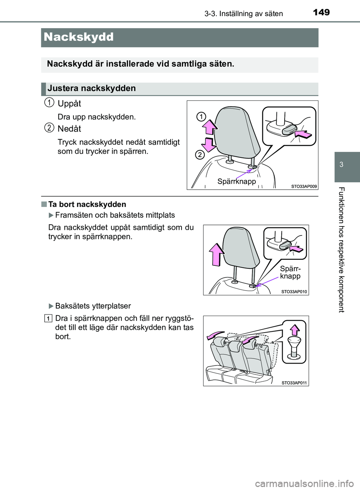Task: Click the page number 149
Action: (x=321, y=12)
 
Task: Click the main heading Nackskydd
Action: (x=78, y=37)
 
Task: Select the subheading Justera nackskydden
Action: (x=91, y=88)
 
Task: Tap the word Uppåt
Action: (x=69, y=103)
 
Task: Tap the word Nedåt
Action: (x=69, y=129)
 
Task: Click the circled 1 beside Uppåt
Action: (x=49, y=102)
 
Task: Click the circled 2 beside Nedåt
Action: (x=49, y=127)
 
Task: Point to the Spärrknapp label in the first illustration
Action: (x=237, y=181)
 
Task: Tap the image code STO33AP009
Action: (x=304, y=186)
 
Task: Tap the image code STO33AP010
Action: (x=294, y=291)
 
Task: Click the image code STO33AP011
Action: (x=294, y=383)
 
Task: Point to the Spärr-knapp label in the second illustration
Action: (x=290, y=273)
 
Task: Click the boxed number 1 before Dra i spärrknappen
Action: (x=49, y=319)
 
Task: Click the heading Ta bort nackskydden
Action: (x=87, y=204)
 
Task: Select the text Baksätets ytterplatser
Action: (x=93, y=306)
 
